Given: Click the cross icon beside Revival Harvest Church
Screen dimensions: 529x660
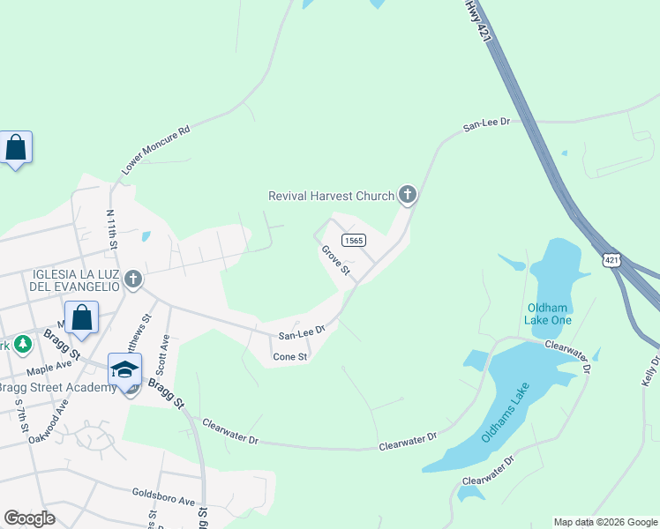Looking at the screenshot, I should tap(407, 195).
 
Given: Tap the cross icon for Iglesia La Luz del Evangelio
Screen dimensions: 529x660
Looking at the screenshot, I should tap(132, 279).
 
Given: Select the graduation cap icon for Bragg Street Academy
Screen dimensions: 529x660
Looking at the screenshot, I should tap(124, 369).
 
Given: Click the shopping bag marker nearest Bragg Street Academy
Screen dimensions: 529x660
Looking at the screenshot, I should tap(81, 317).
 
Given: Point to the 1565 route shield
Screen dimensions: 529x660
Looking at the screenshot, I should tap(354, 241).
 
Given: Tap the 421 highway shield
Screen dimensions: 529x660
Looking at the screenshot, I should tap(612, 260).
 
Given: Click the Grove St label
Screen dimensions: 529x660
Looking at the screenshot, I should tap(336, 260).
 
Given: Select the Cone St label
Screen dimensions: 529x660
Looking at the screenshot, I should tap(289, 357).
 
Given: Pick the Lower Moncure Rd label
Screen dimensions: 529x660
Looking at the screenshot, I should tap(155, 149).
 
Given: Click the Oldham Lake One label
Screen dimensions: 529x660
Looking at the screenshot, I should tap(549, 313).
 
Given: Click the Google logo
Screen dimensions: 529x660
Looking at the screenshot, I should tap(29, 518).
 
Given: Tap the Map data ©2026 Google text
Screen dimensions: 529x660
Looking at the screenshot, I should tap(605, 522).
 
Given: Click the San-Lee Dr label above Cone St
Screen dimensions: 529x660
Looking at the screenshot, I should tap(302, 334).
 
